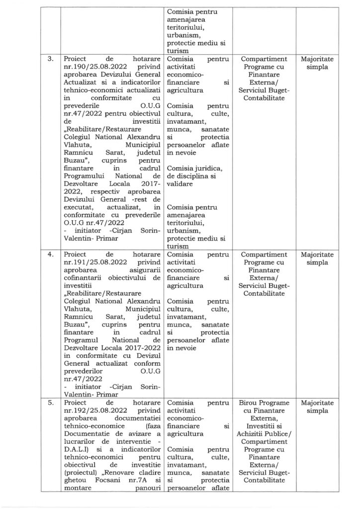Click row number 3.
(51, 60)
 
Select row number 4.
(51, 254)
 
